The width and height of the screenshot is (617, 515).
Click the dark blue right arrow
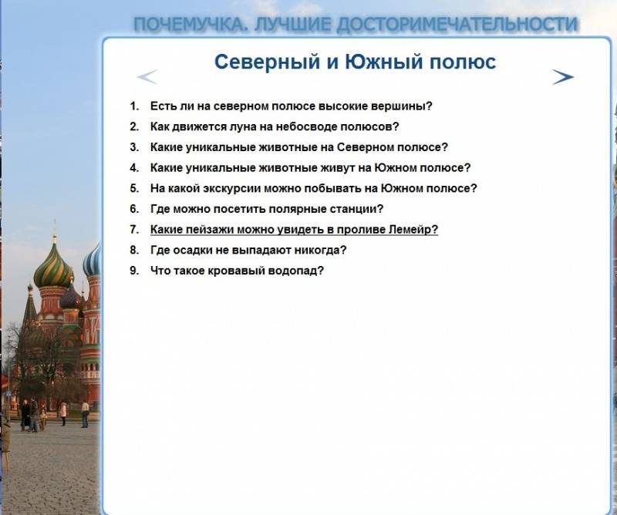(563, 77)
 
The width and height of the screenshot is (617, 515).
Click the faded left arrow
(147, 77)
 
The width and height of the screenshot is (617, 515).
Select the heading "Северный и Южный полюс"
(355, 62)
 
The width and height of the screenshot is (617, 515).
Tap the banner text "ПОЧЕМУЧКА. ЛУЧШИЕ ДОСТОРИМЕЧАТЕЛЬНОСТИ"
(356, 25)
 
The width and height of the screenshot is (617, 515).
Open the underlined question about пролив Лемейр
(294, 230)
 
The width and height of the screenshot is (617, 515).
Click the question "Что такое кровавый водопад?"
(237, 271)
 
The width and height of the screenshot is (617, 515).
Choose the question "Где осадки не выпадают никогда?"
(248, 250)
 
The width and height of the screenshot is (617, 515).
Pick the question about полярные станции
(267, 209)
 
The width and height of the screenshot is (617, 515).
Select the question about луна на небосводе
(275, 126)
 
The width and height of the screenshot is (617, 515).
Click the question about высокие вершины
(292, 106)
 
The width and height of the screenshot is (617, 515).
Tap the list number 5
(134, 188)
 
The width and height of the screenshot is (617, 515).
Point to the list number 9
(134, 271)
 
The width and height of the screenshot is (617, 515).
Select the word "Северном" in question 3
(365, 147)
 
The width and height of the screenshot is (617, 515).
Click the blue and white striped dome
(92, 261)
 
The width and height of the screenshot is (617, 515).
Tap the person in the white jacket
(85, 414)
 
